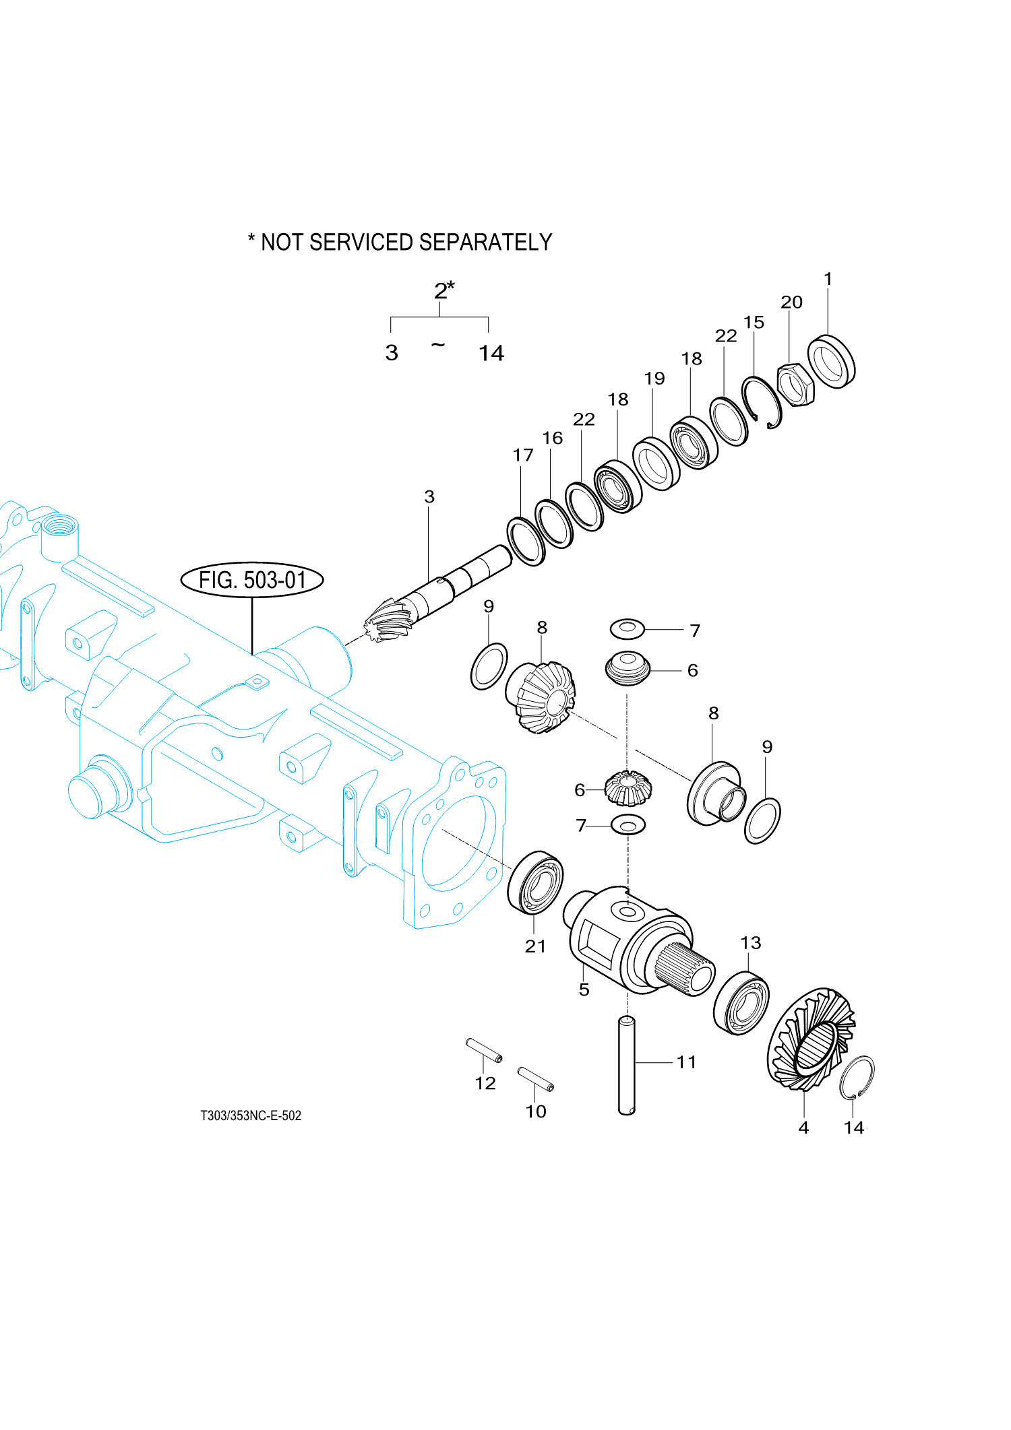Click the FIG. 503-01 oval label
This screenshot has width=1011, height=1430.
click(x=252, y=580)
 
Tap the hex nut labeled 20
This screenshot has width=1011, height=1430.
click(x=796, y=385)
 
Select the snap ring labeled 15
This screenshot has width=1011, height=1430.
click(x=762, y=402)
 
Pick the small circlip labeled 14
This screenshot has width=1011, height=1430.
click(x=857, y=1077)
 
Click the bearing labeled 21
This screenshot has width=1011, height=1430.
click(x=535, y=882)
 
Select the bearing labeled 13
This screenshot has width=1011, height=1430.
click(x=741, y=1002)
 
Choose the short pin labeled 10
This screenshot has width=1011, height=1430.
click(x=536, y=1078)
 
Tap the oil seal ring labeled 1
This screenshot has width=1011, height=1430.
click(x=831, y=362)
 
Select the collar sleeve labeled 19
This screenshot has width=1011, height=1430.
click(x=656, y=463)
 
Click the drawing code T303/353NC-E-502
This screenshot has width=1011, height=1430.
click(x=251, y=1115)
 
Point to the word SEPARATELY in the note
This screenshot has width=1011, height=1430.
click(x=485, y=242)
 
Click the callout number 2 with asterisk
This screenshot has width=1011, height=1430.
click(x=443, y=290)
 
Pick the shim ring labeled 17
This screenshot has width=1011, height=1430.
click(x=526, y=542)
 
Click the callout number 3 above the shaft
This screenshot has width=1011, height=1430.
click(x=429, y=497)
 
